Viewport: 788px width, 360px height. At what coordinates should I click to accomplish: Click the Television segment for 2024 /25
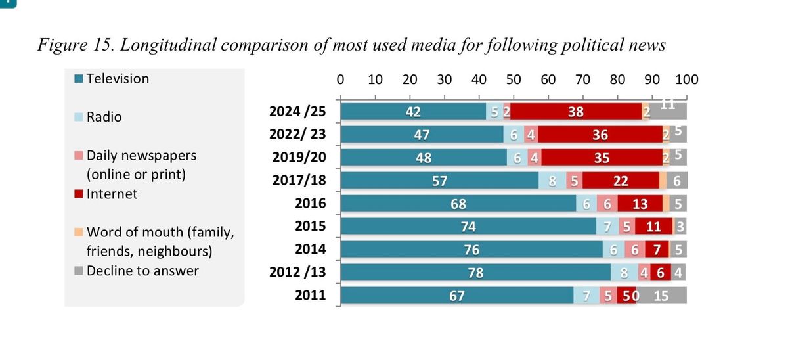coord(414,112)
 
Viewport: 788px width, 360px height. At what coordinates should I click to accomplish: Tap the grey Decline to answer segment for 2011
coord(661,296)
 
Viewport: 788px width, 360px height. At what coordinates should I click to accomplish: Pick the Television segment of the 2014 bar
coord(471,250)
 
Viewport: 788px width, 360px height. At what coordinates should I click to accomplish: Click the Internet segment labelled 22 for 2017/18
coord(620,181)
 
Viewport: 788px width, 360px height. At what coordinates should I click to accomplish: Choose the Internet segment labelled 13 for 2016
coord(640,204)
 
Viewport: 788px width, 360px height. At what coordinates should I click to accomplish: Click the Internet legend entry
coord(112,194)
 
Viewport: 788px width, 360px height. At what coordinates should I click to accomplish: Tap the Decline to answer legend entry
coord(142,271)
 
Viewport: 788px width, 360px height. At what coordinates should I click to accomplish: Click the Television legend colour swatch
coord(79,79)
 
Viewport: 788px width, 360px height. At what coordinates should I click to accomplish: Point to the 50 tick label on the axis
coord(514,80)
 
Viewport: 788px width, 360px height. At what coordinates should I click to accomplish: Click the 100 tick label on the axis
coord(686,80)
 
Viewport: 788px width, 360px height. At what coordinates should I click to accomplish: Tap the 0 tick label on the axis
coord(340,80)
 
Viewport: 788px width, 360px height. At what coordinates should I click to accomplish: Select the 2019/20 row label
coord(299,158)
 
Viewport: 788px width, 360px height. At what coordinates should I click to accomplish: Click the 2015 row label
coord(311,227)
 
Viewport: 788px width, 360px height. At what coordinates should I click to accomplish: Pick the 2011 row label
coord(311,296)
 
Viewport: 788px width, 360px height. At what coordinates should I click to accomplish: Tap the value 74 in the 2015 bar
coord(468,227)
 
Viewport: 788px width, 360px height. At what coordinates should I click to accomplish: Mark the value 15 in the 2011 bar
coord(661,296)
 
